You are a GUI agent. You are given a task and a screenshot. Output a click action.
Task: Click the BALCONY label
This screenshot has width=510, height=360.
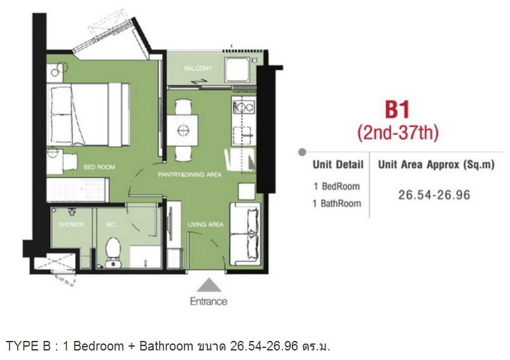pyautogui.click(x=198, y=68)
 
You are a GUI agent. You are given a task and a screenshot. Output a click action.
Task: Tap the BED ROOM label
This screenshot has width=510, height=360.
pyautogui.click(x=99, y=167)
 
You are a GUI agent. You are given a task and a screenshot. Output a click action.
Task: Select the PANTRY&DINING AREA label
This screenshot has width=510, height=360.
pyautogui.click(x=190, y=175)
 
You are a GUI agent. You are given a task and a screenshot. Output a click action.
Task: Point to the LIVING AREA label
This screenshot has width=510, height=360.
pyautogui.click(x=205, y=225)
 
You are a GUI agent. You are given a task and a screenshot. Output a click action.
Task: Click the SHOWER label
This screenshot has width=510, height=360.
pyautogui.click(x=71, y=225)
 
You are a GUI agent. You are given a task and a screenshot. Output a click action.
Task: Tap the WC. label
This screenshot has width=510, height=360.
pyautogui.click(x=111, y=225)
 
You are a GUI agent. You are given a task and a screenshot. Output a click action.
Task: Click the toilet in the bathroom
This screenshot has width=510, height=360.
pyautogui.click(x=113, y=253)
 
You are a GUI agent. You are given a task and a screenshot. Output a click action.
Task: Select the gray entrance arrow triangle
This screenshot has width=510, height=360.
pyautogui.click(x=209, y=285)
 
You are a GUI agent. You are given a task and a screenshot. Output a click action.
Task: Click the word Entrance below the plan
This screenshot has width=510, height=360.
pyautogui.click(x=209, y=301)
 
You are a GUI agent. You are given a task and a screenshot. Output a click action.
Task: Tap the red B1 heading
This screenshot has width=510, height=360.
pyautogui.click(x=397, y=110)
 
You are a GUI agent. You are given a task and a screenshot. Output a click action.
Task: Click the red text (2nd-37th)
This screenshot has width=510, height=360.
pyautogui.click(x=398, y=133)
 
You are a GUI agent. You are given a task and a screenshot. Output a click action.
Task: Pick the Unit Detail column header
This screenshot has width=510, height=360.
pyautogui.click(x=338, y=165)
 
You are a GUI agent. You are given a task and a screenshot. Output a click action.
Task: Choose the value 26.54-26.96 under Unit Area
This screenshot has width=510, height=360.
pyautogui.click(x=434, y=195)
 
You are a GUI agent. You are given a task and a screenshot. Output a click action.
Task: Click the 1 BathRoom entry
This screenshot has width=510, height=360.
pyautogui.click(x=337, y=204)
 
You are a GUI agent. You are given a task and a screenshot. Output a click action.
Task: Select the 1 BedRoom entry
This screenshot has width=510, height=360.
pyautogui.click(x=337, y=186)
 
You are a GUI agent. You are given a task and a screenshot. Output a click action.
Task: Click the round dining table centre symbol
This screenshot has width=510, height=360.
pyautogui.click(x=183, y=130)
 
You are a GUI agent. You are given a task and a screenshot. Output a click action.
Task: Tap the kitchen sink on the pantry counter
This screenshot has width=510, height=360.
pyautogui.click(x=244, y=106)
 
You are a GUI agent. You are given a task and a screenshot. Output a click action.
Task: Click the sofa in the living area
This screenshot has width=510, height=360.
pyautogui.click(x=245, y=235)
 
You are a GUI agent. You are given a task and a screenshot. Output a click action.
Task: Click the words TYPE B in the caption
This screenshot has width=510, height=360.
pyautogui.click(x=28, y=346)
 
